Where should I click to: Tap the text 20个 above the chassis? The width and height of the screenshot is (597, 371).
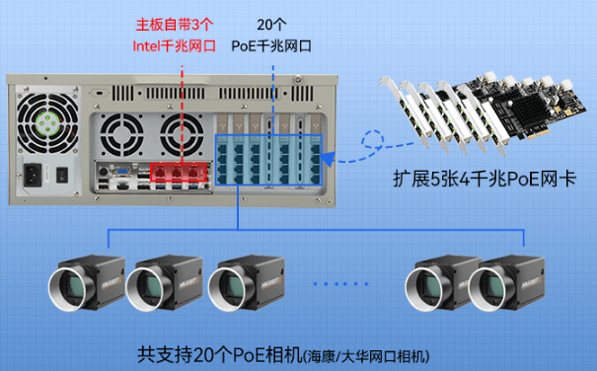click(272, 24)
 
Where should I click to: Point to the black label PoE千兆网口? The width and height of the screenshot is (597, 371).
click(272, 45)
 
